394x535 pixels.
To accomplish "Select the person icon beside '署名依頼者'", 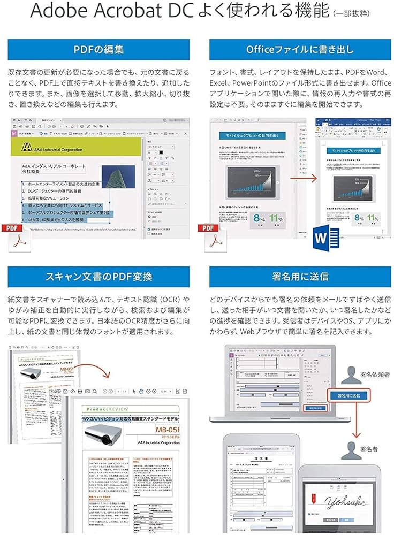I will click(x=352, y=373).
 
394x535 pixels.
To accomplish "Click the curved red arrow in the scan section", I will click(x=92, y=375).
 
